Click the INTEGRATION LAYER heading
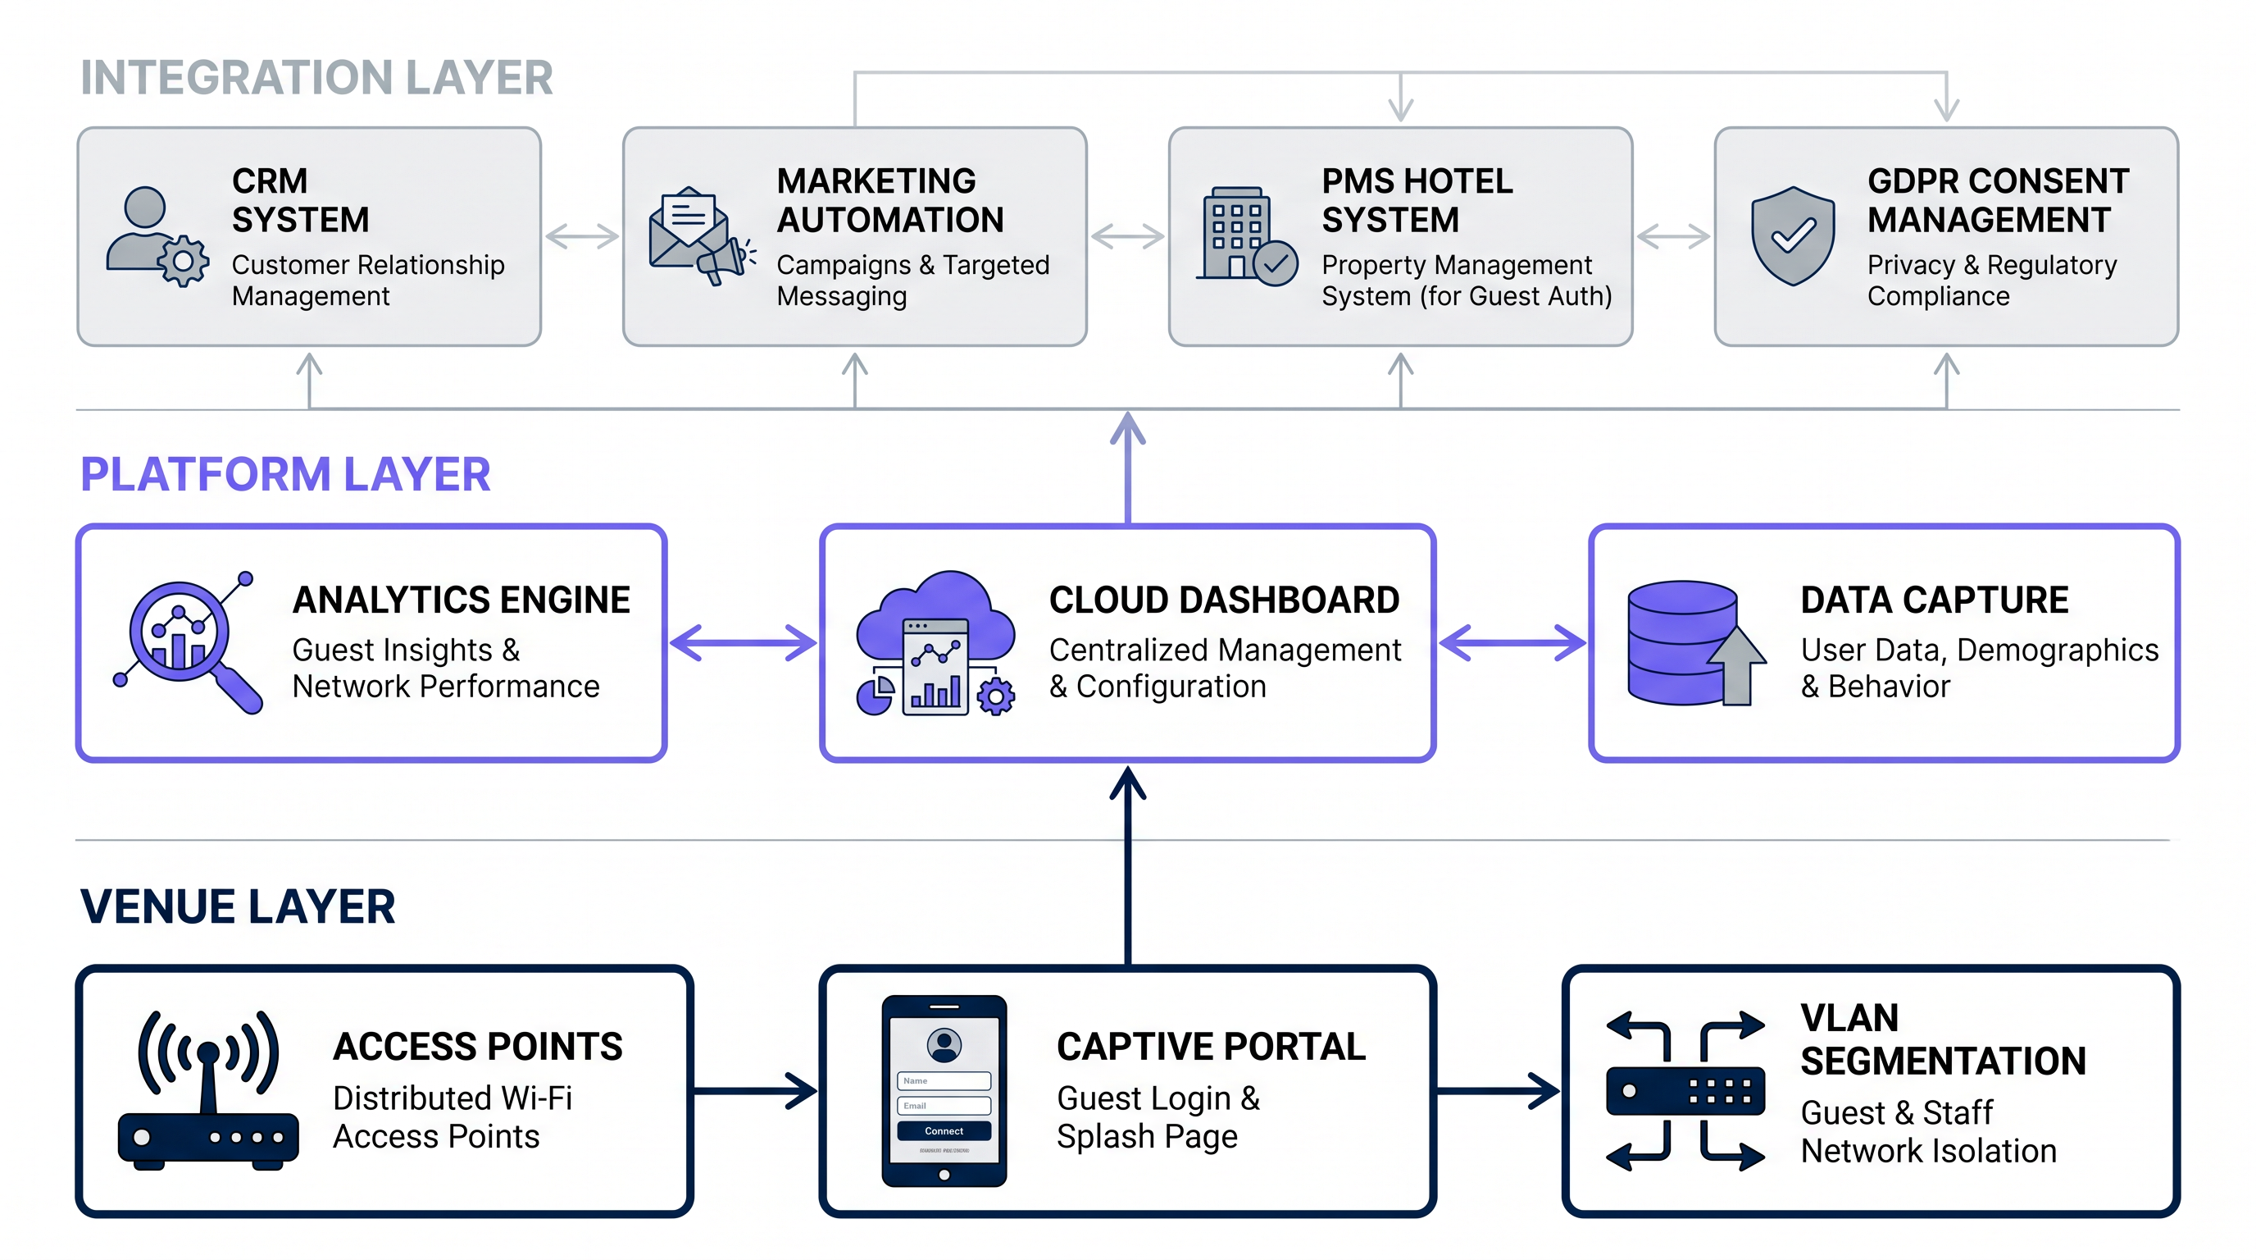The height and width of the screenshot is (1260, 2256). coord(316,78)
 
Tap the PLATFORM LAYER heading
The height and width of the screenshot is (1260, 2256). coord(284,475)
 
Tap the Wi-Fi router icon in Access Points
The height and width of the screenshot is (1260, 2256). coord(208,1091)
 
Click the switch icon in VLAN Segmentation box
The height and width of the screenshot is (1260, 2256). coord(1684,1091)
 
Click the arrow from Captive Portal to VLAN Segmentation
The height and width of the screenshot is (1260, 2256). coord(1499,1091)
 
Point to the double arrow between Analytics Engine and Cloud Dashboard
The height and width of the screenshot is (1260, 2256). coord(743,642)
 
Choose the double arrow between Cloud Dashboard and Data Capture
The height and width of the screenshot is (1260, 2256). coord(1512,642)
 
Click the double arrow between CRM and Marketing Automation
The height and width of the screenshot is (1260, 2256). coord(581,235)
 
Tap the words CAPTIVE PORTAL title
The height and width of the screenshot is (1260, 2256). coord(1210,1046)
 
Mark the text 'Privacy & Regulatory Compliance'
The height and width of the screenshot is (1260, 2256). coord(1991,281)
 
